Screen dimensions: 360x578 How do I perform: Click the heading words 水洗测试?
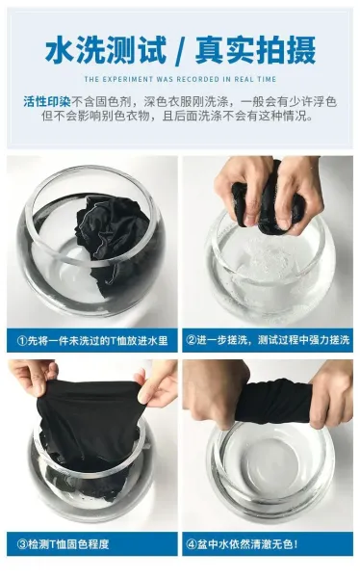pyautogui.click(x=106, y=50)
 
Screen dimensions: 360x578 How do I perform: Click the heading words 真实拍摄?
pyautogui.click(x=255, y=50)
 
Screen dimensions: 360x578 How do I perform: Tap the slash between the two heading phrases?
pyautogui.click(x=181, y=50)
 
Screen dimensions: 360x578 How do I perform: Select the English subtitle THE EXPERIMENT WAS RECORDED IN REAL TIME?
pyautogui.click(x=180, y=79)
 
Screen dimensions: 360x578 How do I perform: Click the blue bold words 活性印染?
pyautogui.click(x=47, y=101)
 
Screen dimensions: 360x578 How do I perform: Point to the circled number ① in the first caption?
pyautogui.click(x=22, y=340)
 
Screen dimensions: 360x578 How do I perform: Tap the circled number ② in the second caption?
pyautogui.click(x=191, y=339)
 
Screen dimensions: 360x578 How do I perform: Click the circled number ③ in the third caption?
pyautogui.click(x=22, y=544)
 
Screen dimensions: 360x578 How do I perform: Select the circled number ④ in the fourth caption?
pyautogui.click(x=192, y=544)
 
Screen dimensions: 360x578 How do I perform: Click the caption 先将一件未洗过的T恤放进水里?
pyautogui.click(x=97, y=340)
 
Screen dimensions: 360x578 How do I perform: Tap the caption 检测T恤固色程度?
pyautogui.click(x=68, y=544)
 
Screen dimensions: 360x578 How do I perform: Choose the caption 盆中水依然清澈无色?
pyautogui.click(x=247, y=544)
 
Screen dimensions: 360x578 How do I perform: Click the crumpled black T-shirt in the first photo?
pyautogui.click(x=113, y=236)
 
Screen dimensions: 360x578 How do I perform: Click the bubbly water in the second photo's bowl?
pyautogui.click(x=268, y=262)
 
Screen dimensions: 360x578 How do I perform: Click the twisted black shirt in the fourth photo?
pyautogui.click(x=274, y=402)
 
